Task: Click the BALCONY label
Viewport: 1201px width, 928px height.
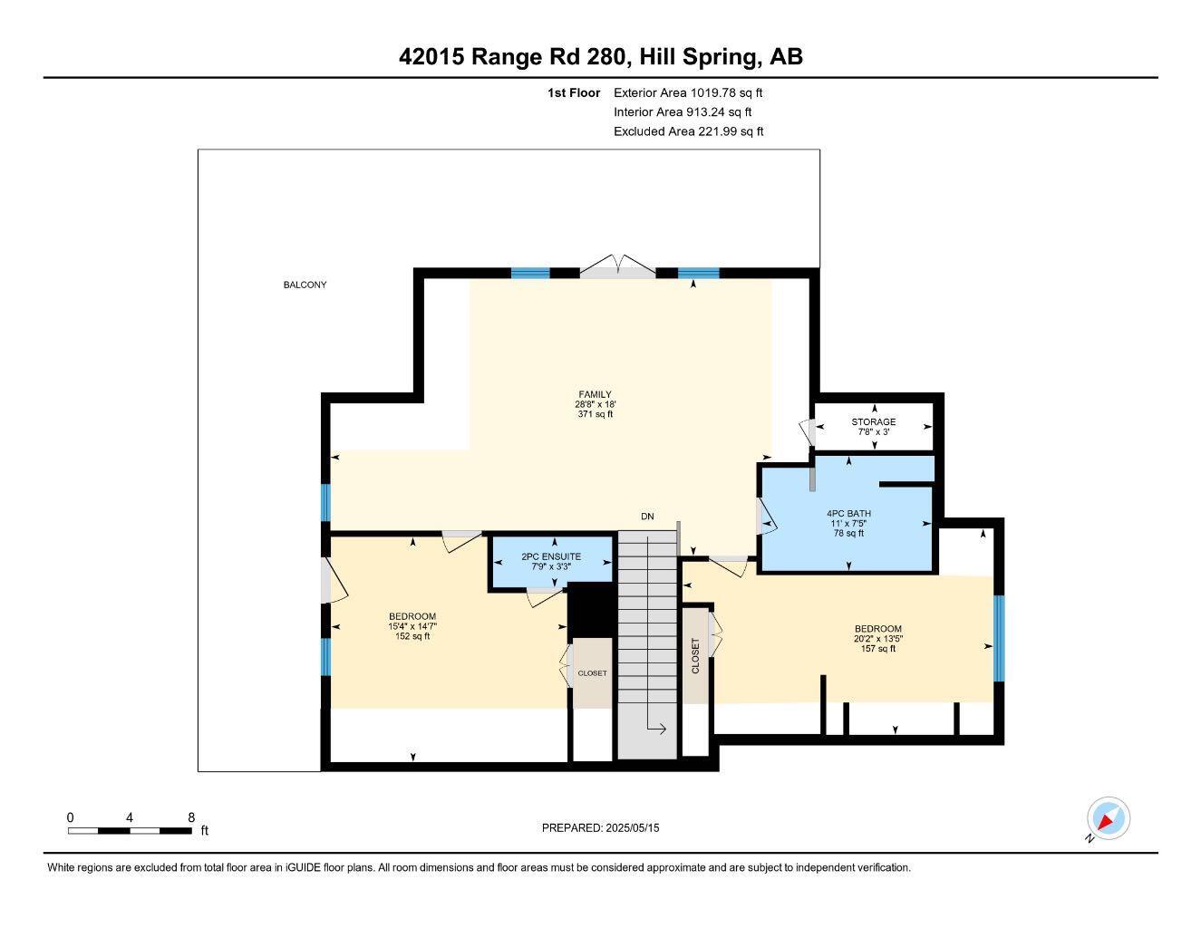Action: click(305, 285)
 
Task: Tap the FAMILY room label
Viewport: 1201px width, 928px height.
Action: click(595, 394)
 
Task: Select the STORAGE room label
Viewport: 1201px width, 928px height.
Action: click(873, 421)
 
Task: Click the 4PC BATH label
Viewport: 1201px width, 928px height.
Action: click(848, 513)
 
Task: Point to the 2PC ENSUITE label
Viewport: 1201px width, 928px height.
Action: click(551, 556)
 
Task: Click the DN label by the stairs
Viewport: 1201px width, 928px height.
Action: click(647, 517)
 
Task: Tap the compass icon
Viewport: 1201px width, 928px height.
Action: click(1108, 819)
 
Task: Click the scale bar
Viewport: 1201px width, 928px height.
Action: click(130, 830)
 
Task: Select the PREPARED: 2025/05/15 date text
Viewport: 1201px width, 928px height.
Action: click(600, 827)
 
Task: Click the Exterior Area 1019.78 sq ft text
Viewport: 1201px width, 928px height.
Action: click(688, 92)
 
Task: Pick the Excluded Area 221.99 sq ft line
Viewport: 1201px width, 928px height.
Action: click(688, 131)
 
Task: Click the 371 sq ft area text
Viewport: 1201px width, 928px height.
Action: click(595, 414)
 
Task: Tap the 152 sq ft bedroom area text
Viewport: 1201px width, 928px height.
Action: click(412, 636)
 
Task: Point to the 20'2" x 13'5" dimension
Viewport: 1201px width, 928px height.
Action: click(877, 639)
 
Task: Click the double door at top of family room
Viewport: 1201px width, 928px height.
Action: click(617, 266)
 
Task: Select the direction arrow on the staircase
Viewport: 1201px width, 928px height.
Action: click(657, 729)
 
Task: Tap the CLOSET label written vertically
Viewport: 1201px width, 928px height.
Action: click(696, 655)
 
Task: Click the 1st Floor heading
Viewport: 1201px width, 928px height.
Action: click(573, 92)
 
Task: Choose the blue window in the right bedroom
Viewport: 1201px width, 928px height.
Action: click(999, 638)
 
